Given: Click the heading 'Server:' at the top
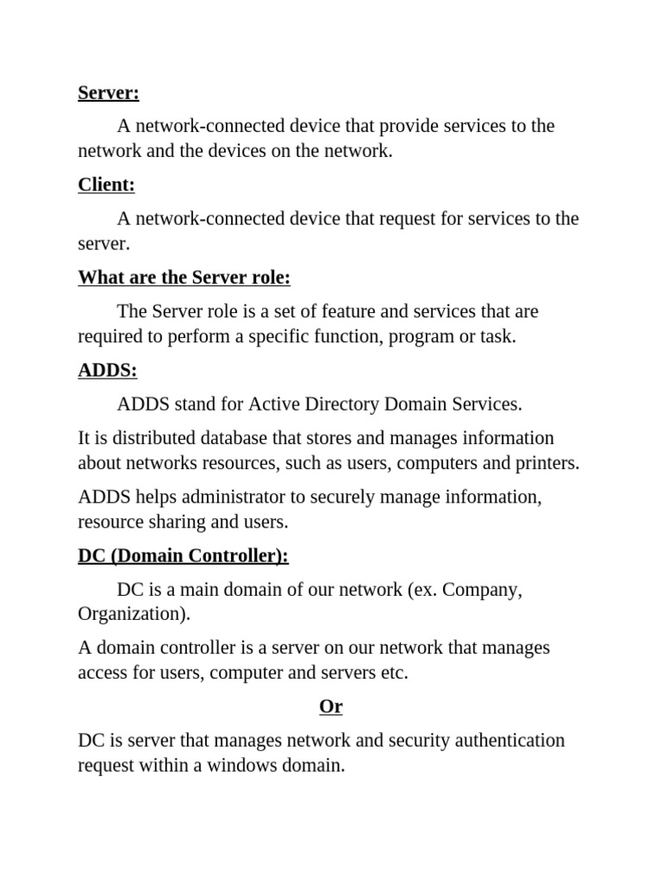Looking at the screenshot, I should [x=108, y=92].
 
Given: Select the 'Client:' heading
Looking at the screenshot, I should [x=106, y=185].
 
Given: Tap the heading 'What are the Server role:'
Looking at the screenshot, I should [x=184, y=278].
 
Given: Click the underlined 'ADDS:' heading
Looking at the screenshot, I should [x=107, y=370].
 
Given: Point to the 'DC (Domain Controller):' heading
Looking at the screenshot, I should [x=183, y=555].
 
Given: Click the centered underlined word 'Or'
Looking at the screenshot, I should [x=331, y=706].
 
